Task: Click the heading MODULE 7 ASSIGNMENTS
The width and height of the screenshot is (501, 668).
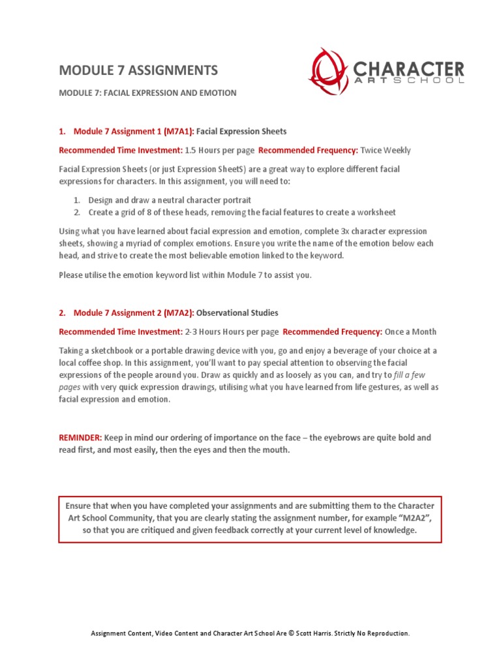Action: pos(138,70)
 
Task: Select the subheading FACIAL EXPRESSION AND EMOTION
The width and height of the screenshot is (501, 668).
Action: pos(147,93)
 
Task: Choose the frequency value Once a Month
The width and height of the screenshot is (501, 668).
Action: pos(410,331)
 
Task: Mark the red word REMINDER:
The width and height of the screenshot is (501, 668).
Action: pos(80,438)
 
